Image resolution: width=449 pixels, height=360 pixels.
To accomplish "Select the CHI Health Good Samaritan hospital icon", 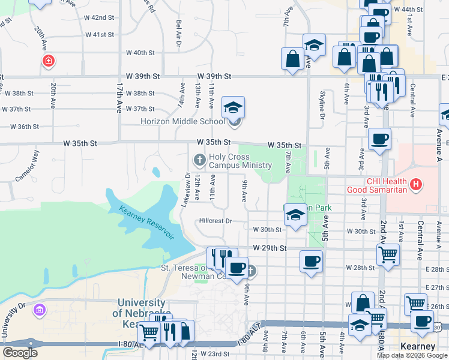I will [x=415, y=183].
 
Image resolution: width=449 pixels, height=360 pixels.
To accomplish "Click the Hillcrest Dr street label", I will [x=215, y=221].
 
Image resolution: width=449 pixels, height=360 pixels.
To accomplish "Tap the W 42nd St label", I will [x=99, y=18].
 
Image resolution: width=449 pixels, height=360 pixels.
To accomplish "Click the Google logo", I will [x=20, y=353].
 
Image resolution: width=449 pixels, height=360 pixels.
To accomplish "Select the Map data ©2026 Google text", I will [x=412, y=355].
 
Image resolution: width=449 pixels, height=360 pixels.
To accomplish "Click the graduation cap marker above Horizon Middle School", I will [x=233, y=107].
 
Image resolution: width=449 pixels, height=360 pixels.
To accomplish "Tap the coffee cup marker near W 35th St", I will [x=379, y=140].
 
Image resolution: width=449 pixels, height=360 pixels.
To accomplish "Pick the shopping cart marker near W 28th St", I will [x=388, y=254].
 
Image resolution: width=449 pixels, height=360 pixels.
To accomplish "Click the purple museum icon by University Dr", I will [x=40, y=310].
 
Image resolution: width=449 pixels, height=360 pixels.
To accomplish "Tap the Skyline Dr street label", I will [x=322, y=93].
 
